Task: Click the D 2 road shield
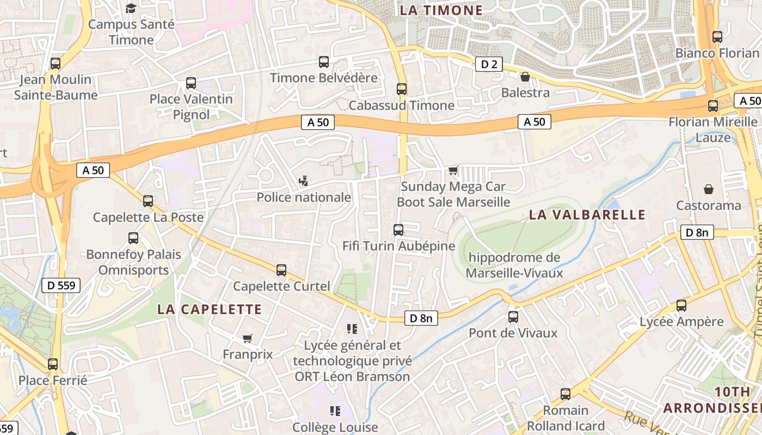pyautogui.click(x=489, y=64)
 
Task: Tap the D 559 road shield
pyautogui.click(x=61, y=285)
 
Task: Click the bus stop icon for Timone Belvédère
pyautogui.click(x=324, y=62)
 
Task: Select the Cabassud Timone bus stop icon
pyautogui.click(x=402, y=89)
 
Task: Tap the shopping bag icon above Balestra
pyautogui.click(x=525, y=77)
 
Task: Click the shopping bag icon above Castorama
pyautogui.click(x=709, y=189)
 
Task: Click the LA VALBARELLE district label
pyautogui.click(x=587, y=215)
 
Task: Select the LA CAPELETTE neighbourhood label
pyautogui.click(x=210, y=309)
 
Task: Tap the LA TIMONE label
pyautogui.click(x=441, y=10)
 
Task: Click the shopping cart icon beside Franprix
pyautogui.click(x=248, y=338)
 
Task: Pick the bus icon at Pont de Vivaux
pyautogui.click(x=513, y=317)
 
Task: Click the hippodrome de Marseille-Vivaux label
pyautogui.click(x=514, y=265)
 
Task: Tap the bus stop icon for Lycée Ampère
pyautogui.click(x=681, y=306)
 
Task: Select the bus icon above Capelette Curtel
pyautogui.click(x=281, y=270)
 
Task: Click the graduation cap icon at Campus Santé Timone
pyautogui.click(x=131, y=8)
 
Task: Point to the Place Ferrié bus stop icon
pyautogui.click(x=53, y=364)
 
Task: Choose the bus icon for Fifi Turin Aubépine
pyautogui.click(x=398, y=230)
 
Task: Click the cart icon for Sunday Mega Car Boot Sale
pyautogui.click(x=453, y=171)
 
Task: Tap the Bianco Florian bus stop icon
pyautogui.click(x=717, y=37)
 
